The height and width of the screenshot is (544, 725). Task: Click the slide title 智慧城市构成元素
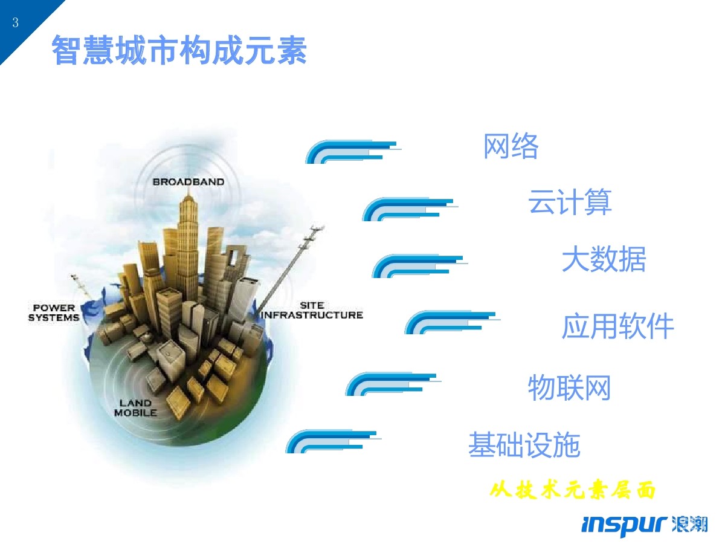[x=179, y=50]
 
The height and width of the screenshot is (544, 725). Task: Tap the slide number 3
[x=15, y=23]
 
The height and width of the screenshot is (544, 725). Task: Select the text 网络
[x=511, y=146]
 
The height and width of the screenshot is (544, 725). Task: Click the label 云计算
[x=570, y=202]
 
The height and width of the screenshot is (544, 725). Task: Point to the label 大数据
[x=604, y=259]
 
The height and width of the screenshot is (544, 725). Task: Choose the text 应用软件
[x=617, y=327]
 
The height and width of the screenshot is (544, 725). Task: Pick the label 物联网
[x=569, y=387]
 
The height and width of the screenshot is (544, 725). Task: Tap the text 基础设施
[x=524, y=445]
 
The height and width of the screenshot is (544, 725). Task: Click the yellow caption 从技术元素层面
[x=572, y=490]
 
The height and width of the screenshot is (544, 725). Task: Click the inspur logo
[x=644, y=525]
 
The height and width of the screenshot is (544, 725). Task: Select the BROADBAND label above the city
[x=188, y=181]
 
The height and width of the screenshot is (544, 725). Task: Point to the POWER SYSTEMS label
[x=54, y=312]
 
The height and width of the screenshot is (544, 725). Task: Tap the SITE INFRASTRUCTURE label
[x=312, y=310]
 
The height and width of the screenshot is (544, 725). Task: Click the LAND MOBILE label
[x=135, y=408]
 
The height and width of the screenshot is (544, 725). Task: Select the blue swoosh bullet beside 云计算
[x=408, y=209]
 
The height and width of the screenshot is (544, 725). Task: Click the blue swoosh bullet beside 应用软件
[x=451, y=322]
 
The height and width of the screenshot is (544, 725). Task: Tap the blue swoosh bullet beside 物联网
[x=391, y=384]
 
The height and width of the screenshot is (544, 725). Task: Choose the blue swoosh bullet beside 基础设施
[x=332, y=442]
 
